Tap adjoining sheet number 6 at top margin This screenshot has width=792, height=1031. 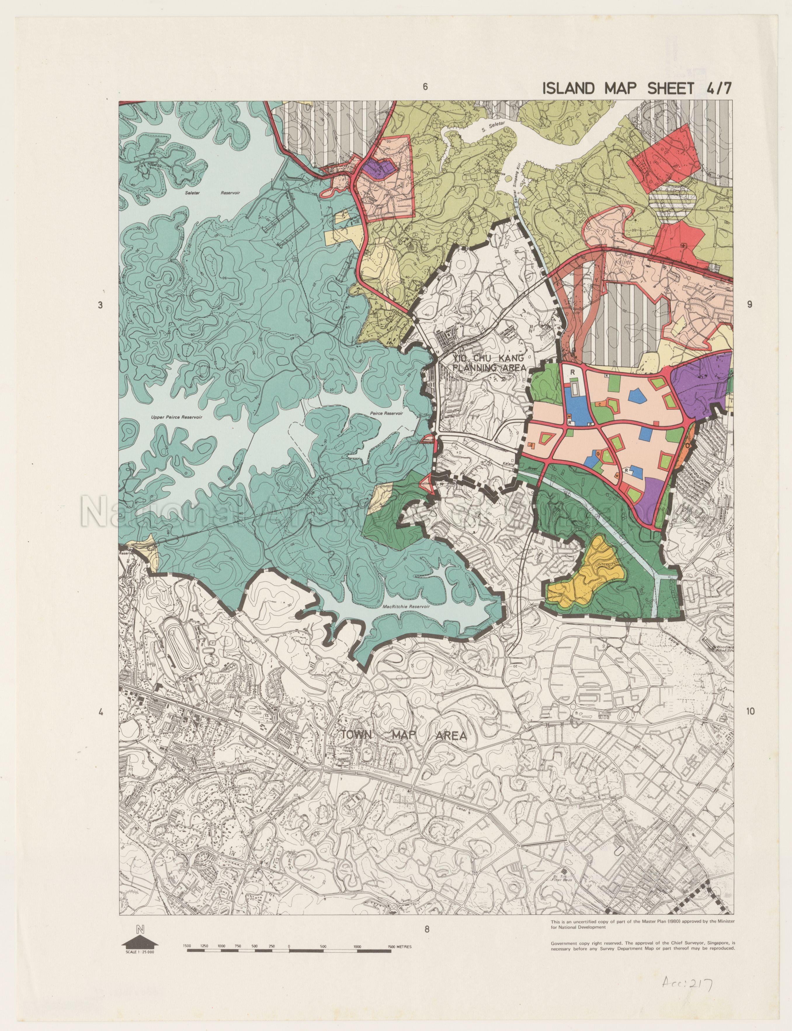click(425, 87)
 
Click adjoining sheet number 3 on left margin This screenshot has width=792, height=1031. click(100, 305)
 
